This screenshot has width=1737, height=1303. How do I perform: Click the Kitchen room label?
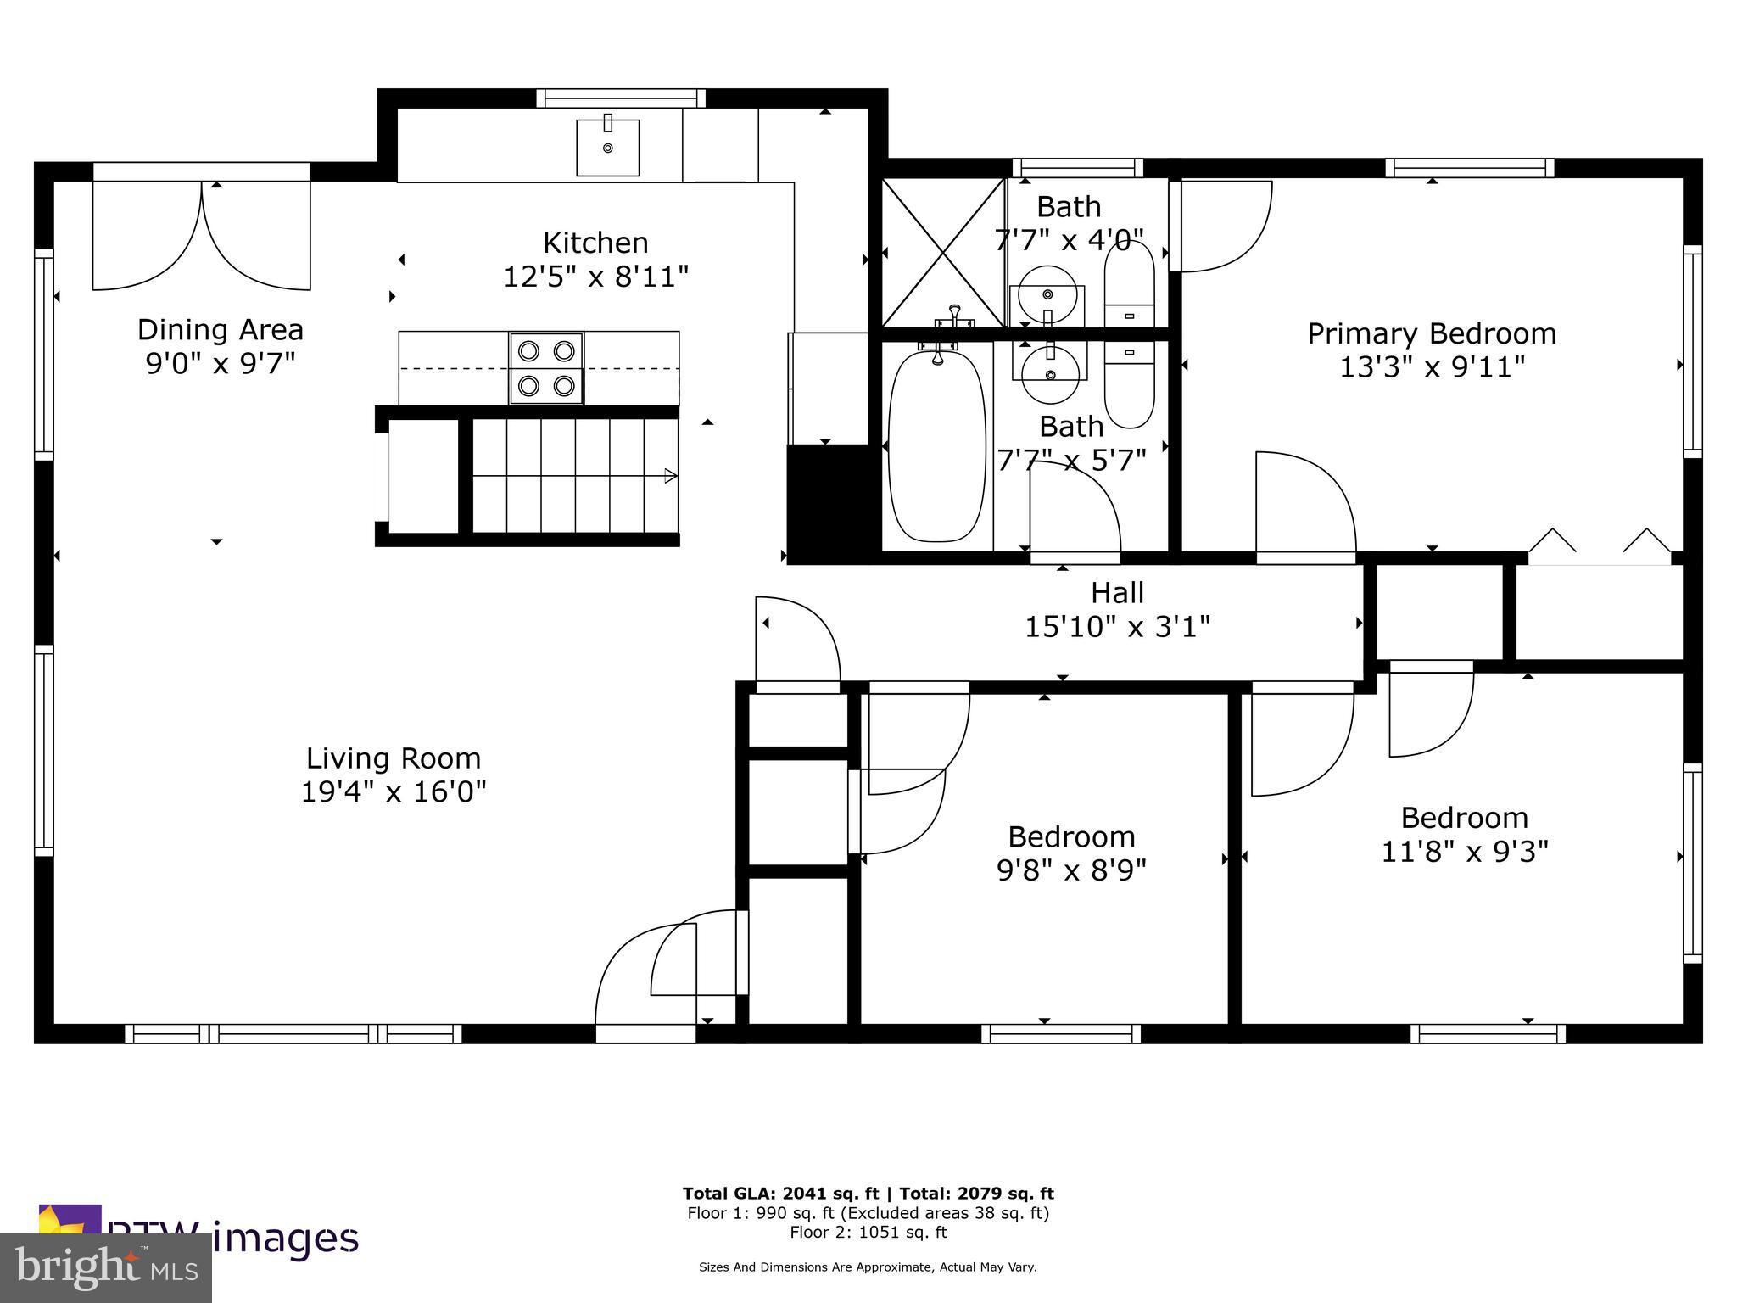tap(595, 243)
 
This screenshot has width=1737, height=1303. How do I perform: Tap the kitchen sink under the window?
tap(607, 148)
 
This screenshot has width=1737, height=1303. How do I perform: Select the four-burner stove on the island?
tap(546, 368)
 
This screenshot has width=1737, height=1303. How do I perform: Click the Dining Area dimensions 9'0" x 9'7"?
tap(221, 364)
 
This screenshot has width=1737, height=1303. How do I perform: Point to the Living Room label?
tap(393, 758)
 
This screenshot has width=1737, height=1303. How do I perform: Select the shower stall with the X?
tap(943, 252)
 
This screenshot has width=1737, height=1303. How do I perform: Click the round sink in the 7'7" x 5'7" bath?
tap(1049, 374)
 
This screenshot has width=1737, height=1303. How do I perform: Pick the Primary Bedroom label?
tap(1432, 333)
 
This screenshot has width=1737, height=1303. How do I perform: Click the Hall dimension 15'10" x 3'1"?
tap(1117, 627)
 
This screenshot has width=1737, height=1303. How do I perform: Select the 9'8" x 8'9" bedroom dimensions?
tap(1071, 870)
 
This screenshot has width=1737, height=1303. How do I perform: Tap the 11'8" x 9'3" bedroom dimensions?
tap(1465, 851)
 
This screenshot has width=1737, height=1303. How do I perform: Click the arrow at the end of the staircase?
tap(670, 476)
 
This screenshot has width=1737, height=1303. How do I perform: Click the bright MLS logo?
tap(106, 1267)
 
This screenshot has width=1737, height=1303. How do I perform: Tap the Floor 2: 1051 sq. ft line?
tap(868, 1233)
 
